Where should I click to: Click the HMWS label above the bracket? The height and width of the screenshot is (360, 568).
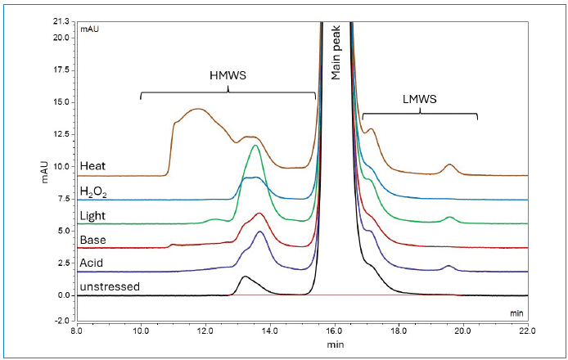(228, 74)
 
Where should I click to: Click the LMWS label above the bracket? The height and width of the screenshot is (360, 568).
(421, 99)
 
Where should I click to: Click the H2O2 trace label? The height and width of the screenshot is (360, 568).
(93, 192)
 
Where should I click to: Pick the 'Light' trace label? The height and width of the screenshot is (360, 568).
(92, 216)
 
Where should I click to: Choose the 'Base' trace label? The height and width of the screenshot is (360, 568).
(92, 240)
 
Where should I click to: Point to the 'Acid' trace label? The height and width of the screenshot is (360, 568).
(92, 263)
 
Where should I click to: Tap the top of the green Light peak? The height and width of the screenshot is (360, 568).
(256, 146)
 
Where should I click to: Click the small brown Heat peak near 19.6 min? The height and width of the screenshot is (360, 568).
(449, 165)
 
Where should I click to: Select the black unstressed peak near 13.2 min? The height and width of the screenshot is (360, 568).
(245, 277)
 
